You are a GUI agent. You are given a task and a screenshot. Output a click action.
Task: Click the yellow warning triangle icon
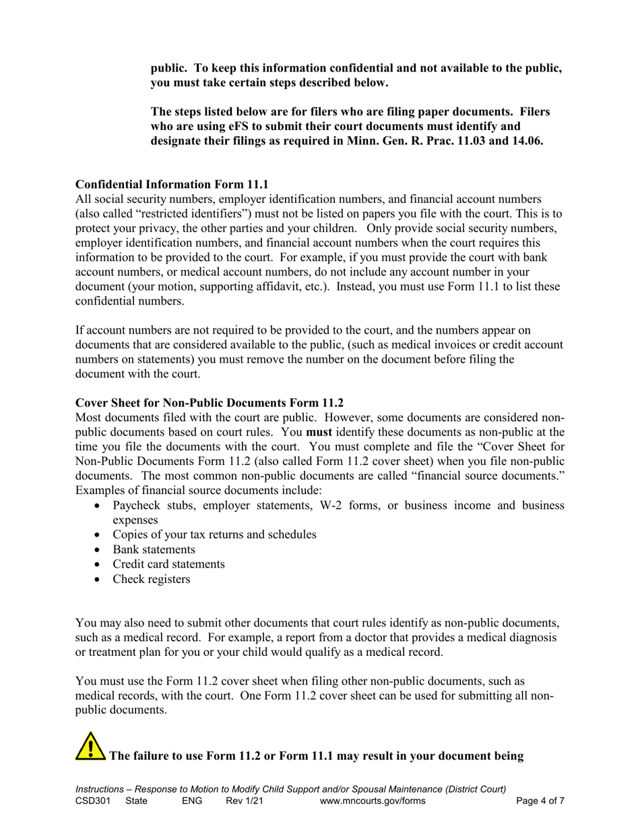[x=90, y=746]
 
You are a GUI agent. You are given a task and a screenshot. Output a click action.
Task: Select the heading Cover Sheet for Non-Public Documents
[x=209, y=403]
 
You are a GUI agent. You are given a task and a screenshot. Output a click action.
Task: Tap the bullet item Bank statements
[x=154, y=549]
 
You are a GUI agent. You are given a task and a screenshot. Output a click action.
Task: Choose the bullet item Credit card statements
[x=168, y=564]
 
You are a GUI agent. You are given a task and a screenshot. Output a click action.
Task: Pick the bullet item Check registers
[x=151, y=579]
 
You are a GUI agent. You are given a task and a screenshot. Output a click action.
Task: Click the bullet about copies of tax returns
[x=214, y=534]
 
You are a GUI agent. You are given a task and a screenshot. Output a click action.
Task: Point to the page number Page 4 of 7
[x=540, y=801]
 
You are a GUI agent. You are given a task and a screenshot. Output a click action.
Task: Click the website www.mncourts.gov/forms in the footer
[x=373, y=801]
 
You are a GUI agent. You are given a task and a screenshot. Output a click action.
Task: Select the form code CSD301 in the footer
[x=92, y=801]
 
